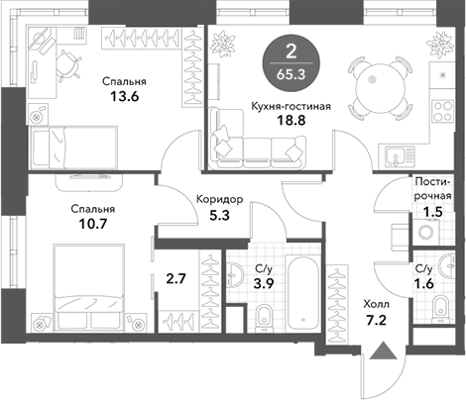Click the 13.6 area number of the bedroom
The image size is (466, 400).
(124, 96)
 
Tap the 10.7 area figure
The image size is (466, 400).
(93, 224)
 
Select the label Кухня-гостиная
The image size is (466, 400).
(291, 106)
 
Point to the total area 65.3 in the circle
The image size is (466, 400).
(291, 75)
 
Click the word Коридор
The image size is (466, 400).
(220, 199)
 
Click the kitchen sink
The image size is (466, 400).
(400, 156)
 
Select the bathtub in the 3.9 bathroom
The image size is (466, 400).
(302, 292)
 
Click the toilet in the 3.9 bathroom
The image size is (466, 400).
(264, 318)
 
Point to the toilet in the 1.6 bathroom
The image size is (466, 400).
(440, 308)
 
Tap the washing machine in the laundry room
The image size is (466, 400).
(426, 233)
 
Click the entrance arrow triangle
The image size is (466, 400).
(383, 350)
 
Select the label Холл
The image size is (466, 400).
(377, 304)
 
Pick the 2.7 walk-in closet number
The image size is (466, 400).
(176, 279)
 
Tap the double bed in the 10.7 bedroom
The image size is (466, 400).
(88, 287)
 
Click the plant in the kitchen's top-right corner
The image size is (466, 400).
(440, 44)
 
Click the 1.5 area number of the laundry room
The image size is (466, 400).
(433, 212)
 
